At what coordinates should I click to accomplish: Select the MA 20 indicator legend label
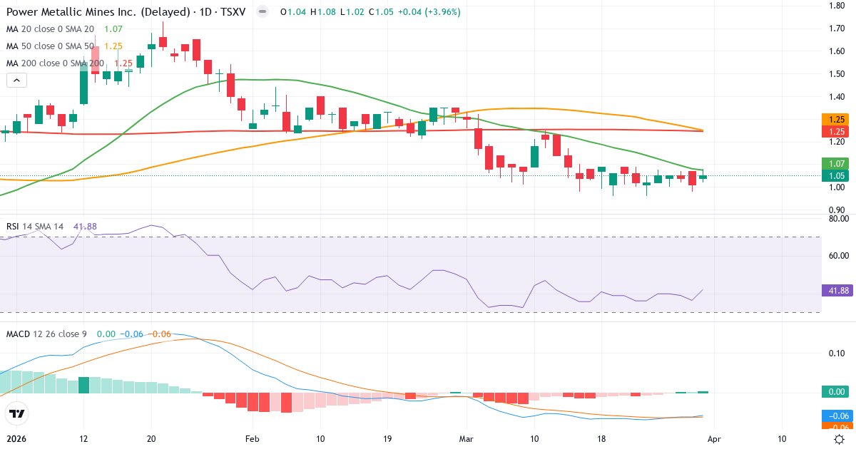[x=50, y=29]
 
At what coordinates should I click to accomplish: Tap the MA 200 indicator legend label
[x=54, y=63]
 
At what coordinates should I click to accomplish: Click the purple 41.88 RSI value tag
[x=838, y=291]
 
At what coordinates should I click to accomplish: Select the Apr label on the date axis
[x=713, y=438]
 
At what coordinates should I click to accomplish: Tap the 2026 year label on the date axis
[x=17, y=438]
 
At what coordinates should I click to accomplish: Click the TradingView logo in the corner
[x=16, y=413]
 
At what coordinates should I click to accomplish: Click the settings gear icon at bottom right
[x=840, y=439]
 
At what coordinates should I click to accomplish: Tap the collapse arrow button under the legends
[x=16, y=80]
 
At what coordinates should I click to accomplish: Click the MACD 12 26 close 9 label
[x=47, y=334]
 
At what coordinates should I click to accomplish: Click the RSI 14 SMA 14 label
[x=34, y=227]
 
